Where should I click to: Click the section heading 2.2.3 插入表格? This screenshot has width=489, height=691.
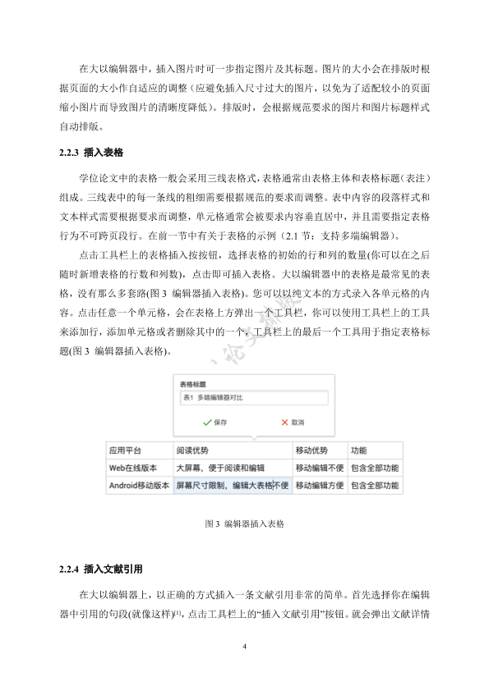click(x=91, y=153)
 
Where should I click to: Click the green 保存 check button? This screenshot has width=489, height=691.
click(x=215, y=423)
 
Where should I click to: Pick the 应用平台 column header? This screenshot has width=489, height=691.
click(x=126, y=451)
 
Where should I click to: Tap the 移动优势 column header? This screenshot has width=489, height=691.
click(x=311, y=451)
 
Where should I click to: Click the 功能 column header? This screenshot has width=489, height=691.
click(x=359, y=451)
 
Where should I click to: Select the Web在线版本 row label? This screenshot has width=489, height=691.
click(x=133, y=468)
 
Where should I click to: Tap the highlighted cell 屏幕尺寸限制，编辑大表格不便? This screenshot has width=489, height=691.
click(x=232, y=486)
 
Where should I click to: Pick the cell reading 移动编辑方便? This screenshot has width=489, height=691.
click(x=320, y=486)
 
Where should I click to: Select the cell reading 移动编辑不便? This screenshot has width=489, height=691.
click(x=320, y=468)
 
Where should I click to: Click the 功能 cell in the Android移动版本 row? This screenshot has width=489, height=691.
click(x=375, y=486)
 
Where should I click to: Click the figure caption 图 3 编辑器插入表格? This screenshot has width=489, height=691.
click(x=244, y=523)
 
